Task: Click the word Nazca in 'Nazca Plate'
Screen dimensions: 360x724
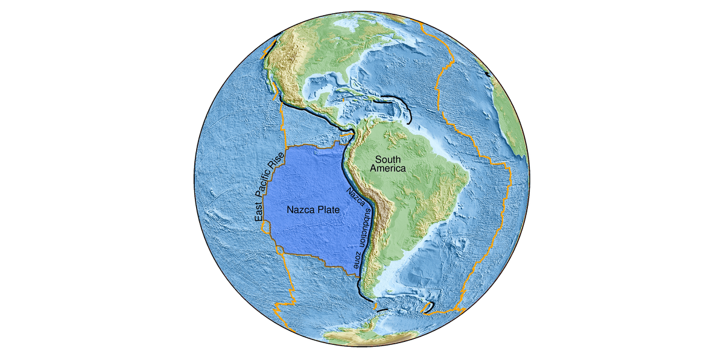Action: pyautogui.click(x=299, y=210)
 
